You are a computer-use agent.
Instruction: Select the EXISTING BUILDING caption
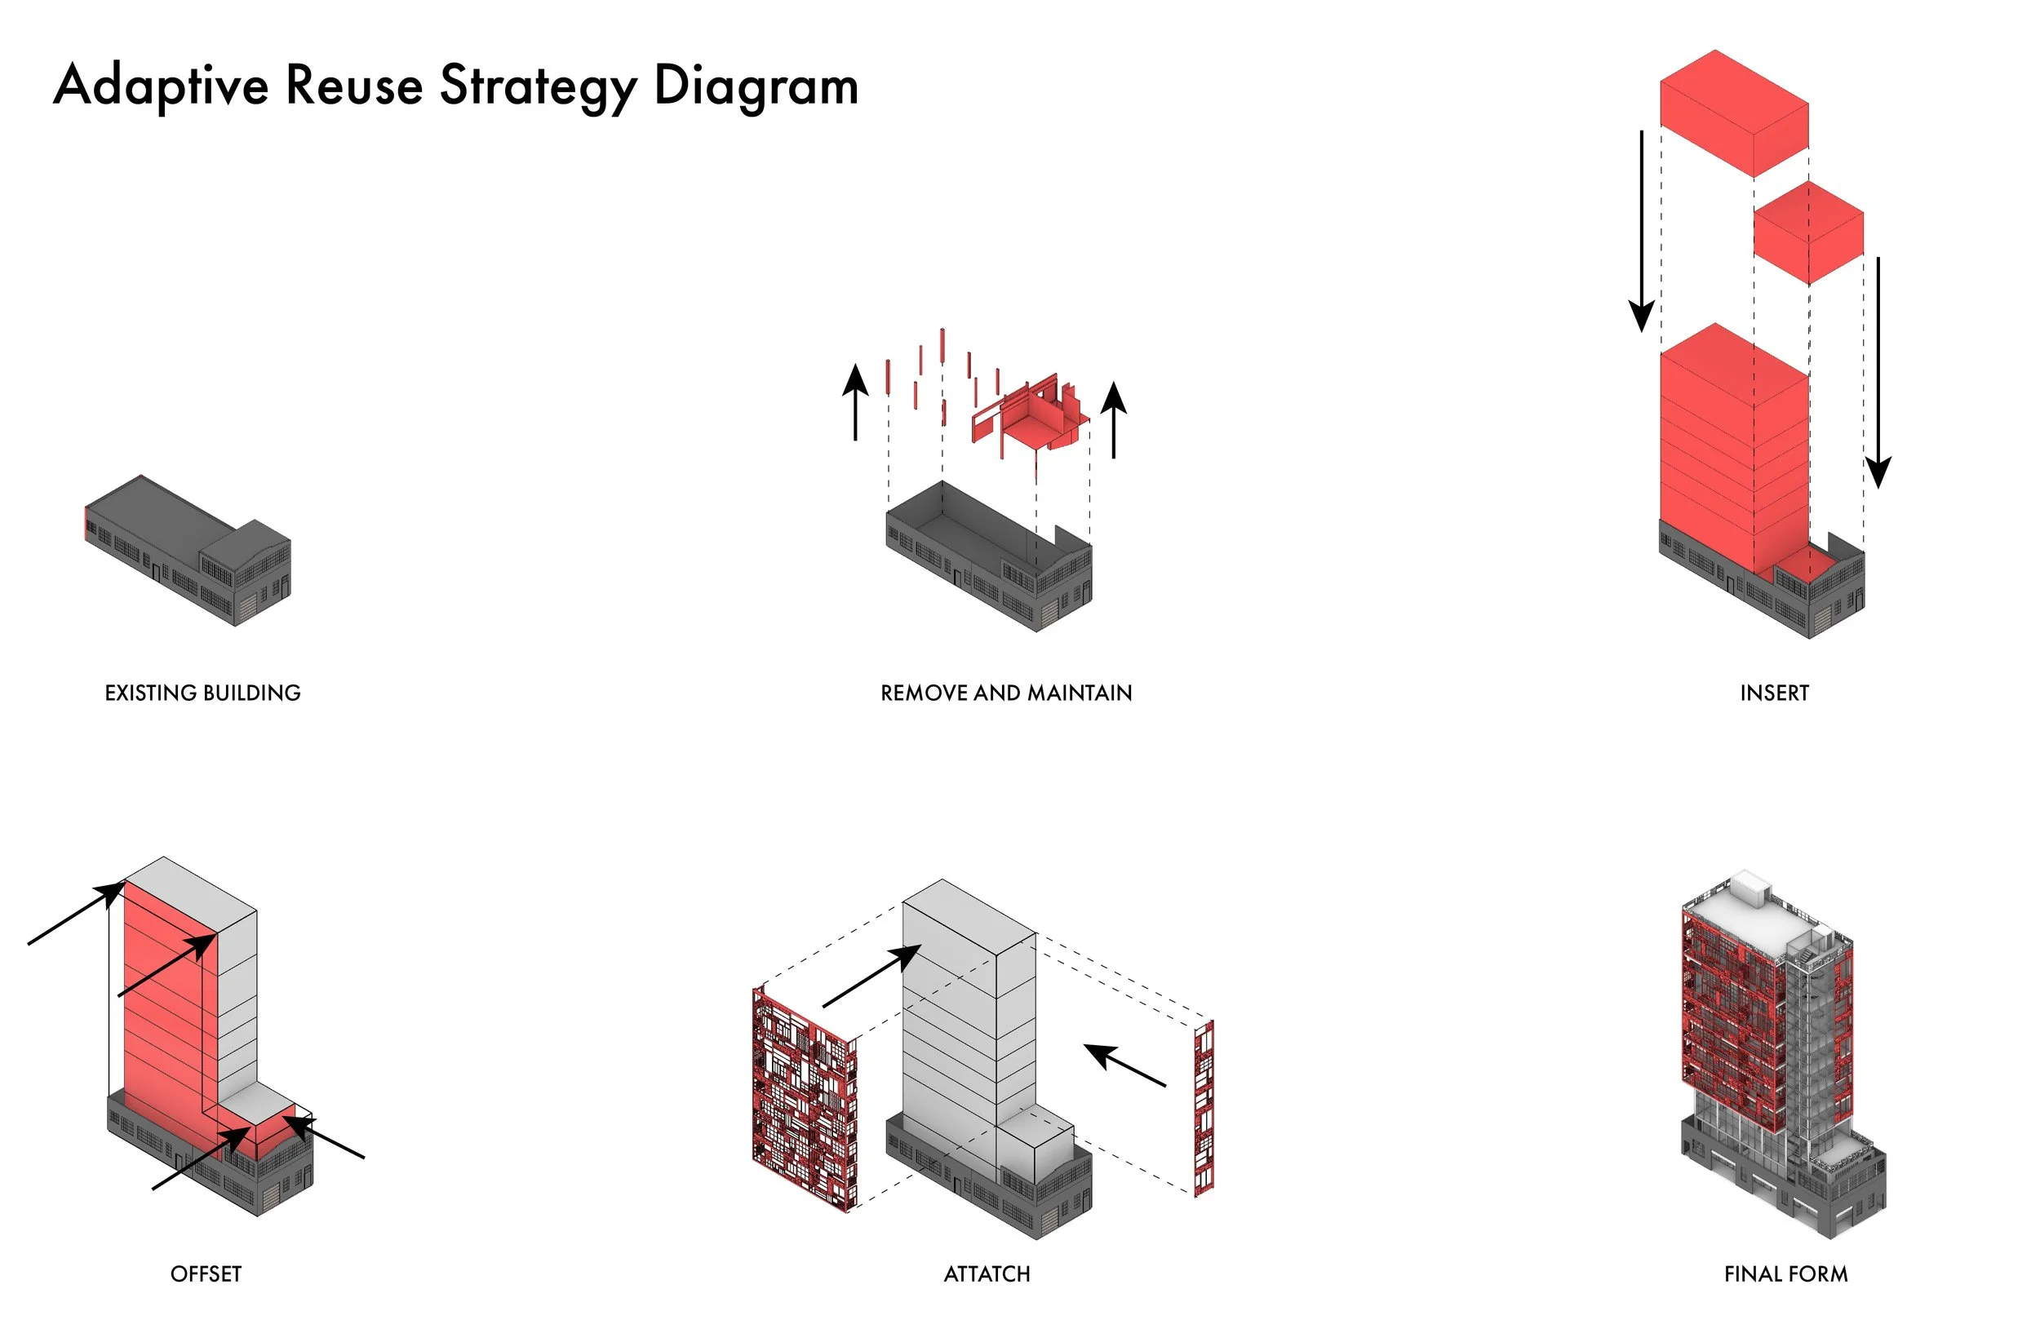[x=202, y=693]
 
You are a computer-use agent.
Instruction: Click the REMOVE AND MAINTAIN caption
[x=1006, y=693]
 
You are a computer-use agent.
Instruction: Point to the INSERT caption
[x=1773, y=693]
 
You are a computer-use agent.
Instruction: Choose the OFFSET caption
[x=206, y=1274]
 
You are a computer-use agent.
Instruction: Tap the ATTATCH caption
[x=987, y=1274]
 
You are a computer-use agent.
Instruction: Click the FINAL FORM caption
[x=1785, y=1274]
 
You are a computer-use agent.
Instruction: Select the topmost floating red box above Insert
[x=1733, y=113]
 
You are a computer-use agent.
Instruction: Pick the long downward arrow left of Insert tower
[x=1642, y=232]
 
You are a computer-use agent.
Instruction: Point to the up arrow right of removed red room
[x=1113, y=420]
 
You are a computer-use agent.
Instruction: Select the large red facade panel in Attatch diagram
[x=804, y=1101]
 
